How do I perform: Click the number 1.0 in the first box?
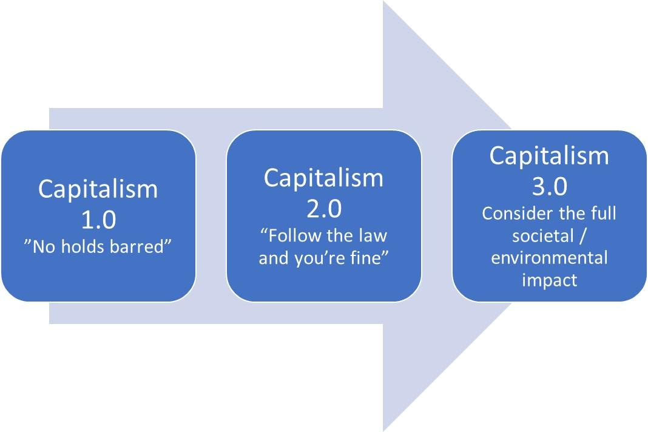(98, 219)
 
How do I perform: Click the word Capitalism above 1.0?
(98, 189)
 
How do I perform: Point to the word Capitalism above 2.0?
(323, 178)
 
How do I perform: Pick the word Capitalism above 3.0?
(549, 155)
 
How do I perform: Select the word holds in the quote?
(87, 247)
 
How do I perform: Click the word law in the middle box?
(373, 235)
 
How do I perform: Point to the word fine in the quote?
(370, 257)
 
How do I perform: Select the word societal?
(542, 236)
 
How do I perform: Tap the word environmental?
(549, 258)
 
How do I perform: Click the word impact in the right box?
(549, 280)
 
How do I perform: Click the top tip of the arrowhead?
(383, 2)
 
